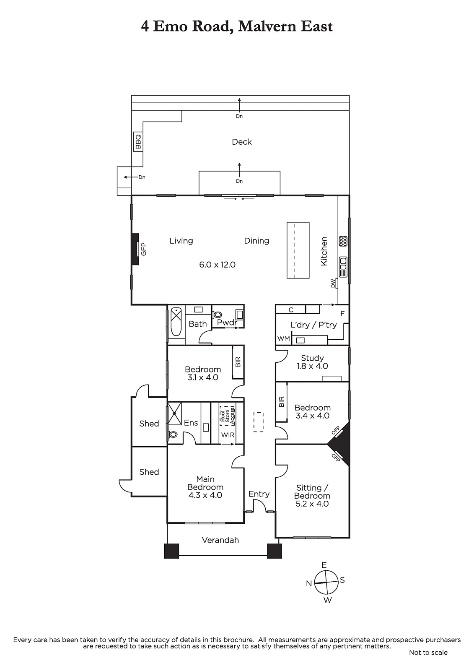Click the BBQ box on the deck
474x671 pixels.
coord(138,142)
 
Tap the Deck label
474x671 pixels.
coord(242,142)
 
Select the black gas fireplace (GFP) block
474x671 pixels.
coord(135,249)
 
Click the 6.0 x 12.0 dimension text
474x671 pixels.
coord(218,265)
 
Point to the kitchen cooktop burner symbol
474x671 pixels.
coord(343,241)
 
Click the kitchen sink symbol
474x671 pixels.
coord(343,267)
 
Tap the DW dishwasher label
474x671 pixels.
coord(333,283)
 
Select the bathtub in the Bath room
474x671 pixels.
coord(176,322)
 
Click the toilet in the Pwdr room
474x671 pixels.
coord(218,315)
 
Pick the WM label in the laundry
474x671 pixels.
coord(284,338)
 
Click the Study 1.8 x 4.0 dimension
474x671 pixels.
coord(312,366)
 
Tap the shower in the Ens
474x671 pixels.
coord(175,414)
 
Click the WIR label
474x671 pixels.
coord(228,434)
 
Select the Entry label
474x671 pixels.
coord(259,494)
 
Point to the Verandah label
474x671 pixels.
coord(220,540)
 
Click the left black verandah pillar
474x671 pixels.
coord(171,551)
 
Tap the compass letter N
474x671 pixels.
coord(309,583)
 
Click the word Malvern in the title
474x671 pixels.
coord(268,26)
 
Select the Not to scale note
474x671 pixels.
coord(428,653)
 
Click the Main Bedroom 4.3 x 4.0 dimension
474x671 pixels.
coord(205,495)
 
